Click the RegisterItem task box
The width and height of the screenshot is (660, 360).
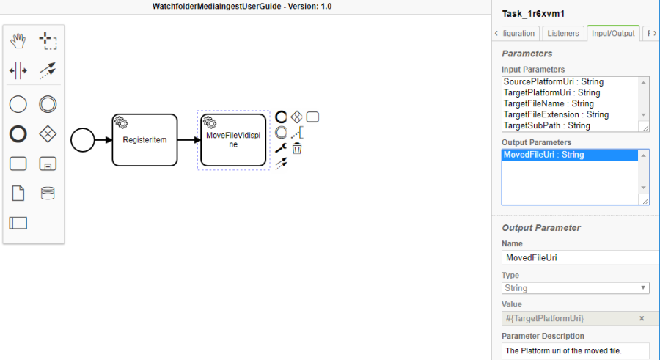pos(144,139)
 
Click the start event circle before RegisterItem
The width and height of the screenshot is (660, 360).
pos(83,139)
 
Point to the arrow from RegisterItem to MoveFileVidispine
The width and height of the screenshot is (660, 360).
pos(188,139)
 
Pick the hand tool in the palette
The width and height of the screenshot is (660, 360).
pos(18,41)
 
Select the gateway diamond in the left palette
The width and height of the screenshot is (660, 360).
pos(48,134)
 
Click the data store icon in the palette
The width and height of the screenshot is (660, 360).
pos(48,194)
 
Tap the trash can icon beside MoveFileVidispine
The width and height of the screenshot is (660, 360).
pos(297,148)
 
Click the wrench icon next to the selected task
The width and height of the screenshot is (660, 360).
pos(281,148)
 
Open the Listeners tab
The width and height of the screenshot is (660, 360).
pos(563,33)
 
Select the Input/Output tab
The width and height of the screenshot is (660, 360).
pos(613,33)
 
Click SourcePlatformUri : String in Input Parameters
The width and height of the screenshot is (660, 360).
pos(554,81)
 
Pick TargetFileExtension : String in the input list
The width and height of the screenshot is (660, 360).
pos(556,114)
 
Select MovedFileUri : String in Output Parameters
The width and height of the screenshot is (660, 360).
pos(543,155)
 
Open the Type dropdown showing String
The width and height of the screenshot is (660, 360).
pos(575,288)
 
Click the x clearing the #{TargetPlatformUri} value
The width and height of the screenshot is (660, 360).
pos(642,318)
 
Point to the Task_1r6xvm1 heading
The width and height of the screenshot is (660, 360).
pos(532,13)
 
